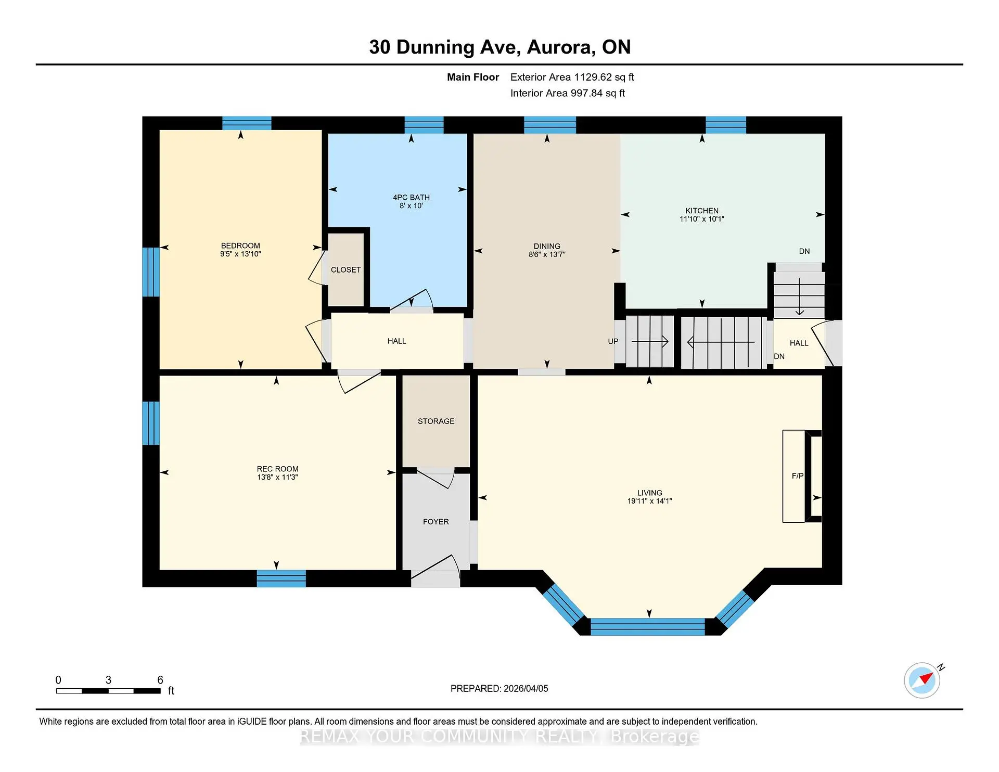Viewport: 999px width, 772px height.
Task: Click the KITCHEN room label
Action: [x=701, y=211]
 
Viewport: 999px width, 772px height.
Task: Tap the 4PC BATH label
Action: [x=411, y=197]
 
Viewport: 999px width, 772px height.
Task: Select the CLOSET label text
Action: [x=345, y=269]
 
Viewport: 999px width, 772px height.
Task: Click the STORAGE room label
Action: [x=436, y=421]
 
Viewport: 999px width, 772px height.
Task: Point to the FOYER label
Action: [x=436, y=521]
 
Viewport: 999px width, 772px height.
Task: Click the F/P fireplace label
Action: [x=797, y=475]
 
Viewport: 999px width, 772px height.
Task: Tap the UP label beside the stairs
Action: [x=613, y=341]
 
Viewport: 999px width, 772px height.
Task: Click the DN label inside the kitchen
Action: [x=804, y=251]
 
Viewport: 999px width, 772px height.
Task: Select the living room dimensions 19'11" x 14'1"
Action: [x=649, y=501]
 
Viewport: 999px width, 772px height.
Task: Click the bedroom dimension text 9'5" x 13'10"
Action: [x=240, y=254]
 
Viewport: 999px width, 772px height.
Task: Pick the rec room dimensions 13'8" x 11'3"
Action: [x=277, y=477]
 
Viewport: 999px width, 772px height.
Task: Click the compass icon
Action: [x=922, y=680]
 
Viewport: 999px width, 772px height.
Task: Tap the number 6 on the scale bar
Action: [x=160, y=680]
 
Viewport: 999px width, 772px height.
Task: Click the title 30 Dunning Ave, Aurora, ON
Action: [x=499, y=47]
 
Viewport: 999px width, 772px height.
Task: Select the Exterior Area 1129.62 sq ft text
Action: [x=572, y=77]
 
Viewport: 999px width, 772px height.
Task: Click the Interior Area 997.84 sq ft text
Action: [x=567, y=93]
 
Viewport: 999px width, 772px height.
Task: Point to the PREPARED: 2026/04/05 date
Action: [x=499, y=688]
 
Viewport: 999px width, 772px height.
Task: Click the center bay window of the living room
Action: [x=647, y=626]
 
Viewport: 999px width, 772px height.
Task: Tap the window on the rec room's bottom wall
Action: [x=281, y=578]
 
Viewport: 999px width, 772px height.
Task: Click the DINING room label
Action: [x=546, y=246]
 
